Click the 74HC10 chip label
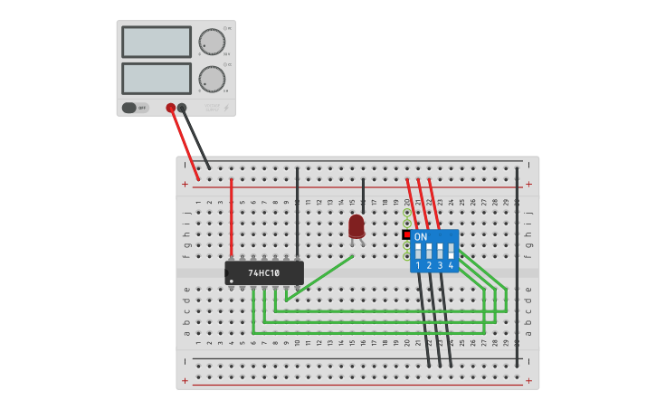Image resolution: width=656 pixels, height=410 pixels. click(264, 272)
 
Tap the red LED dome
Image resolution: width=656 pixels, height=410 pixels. click(357, 224)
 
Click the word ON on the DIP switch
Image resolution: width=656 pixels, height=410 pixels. click(421, 236)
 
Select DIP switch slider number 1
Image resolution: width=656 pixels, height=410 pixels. click(418, 250)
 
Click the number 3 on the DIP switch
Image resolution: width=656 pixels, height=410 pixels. click(440, 265)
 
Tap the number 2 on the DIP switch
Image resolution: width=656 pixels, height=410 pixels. click(429, 265)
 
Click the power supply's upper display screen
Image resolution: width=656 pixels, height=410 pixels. click(157, 42)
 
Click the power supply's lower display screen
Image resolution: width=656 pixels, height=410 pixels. click(157, 79)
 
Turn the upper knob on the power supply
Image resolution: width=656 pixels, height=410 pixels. click(212, 42)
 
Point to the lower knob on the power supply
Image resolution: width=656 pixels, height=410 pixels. click(212, 79)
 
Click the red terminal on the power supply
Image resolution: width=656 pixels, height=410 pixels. click(170, 108)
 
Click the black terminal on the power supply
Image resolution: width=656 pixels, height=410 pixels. click(182, 108)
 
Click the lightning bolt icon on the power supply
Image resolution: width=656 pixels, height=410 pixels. click(226, 108)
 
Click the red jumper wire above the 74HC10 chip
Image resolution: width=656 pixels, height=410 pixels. click(232, 217)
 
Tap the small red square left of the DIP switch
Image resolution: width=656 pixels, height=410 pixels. click(406, 234)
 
